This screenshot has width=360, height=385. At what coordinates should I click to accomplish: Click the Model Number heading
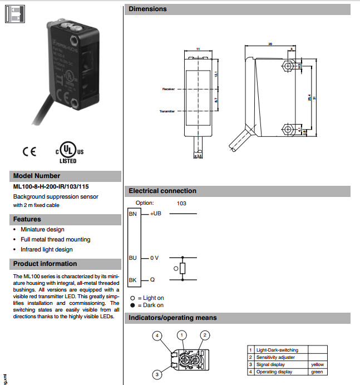[x=37, y=176]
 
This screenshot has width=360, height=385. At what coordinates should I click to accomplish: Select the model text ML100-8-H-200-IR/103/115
[x=51, y=187]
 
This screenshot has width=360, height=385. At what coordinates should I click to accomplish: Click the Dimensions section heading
[x=148, y=9]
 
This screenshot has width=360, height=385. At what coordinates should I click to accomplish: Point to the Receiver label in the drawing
[x=169, y=89]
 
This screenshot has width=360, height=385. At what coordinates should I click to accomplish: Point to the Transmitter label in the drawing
[x=167, y=111]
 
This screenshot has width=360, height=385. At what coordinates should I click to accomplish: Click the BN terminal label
[x=132, y=214]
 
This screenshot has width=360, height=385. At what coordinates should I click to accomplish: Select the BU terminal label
[x=132, y=258]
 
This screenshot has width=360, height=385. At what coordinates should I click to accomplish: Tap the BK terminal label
[x=132, y=280]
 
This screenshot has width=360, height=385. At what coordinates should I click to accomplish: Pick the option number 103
[x=181, y=204]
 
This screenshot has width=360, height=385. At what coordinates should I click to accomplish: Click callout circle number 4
[x=158, y=335]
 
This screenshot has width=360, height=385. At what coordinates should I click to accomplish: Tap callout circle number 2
[x=205, y=335]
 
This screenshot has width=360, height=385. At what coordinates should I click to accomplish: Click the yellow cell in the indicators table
[x=317, y=364]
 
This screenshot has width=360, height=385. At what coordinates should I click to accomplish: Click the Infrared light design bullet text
[x=47, y=250]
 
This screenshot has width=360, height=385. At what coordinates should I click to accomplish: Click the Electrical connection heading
[x=162, y=191]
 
